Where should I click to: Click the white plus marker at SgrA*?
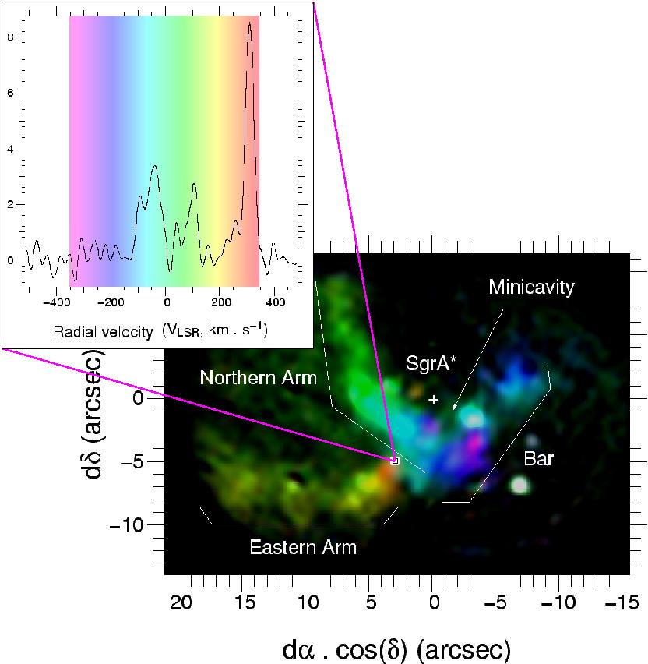[x=435, y=399]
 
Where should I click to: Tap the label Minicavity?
[x=531, y=287]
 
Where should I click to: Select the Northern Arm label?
[x=259, y=378]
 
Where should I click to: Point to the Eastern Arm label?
[x=303, y=547]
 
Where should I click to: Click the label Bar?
[x=538, y=459]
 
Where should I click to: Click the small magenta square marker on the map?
[x=394, y=461]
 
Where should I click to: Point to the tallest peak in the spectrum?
[x=249, y=24]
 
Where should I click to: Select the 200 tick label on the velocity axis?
[x=220, y=302]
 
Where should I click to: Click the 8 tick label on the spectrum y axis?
[x=10, y=36]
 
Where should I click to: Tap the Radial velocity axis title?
[x=160, y=331]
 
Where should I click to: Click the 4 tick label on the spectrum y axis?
[x=10, y=148]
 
